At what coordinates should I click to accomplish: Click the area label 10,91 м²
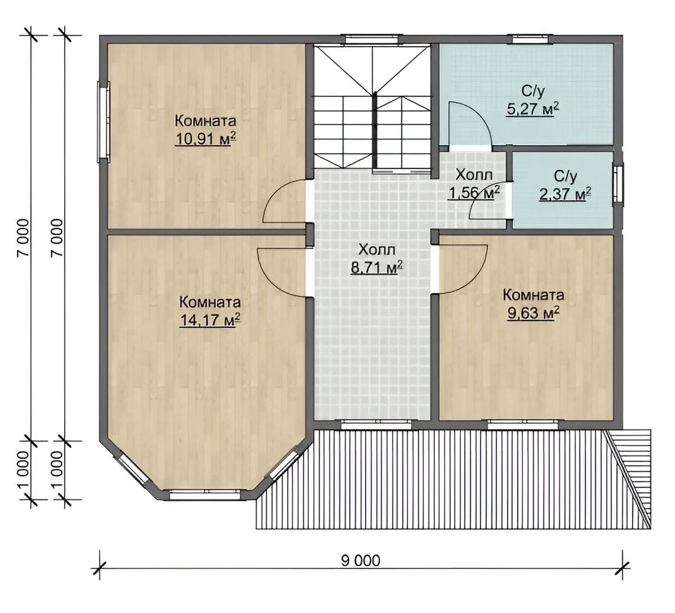point(206,140)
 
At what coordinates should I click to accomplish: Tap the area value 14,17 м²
point(209,320)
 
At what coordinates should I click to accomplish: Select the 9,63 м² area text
point(534,313)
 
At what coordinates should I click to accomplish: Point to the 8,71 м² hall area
point(377,267)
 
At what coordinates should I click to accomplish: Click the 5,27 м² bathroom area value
point(533,110)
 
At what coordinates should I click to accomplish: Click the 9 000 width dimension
point(360,560)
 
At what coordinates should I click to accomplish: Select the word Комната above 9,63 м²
point(534,295)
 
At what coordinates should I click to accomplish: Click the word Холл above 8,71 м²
point(377,250)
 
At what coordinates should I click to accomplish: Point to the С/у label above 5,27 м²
point(533,91)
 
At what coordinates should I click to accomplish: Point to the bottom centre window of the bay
point(206,495)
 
